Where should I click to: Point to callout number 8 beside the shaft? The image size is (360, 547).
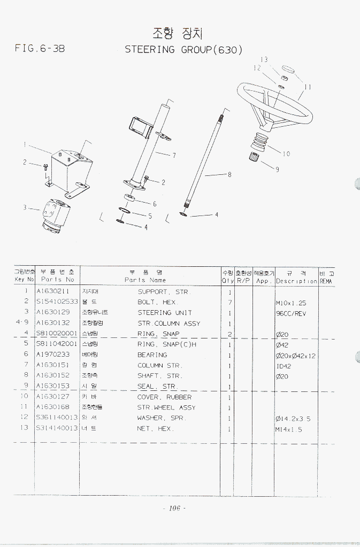coord(229,174)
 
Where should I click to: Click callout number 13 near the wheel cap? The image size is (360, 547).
coord(264,59)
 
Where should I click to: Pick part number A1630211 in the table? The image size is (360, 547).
coord(53,292)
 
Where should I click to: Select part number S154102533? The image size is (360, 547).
coord(57,302)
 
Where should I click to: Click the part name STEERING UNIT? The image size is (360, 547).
coord(165,313)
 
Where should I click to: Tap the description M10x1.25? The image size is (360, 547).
coord(291,303)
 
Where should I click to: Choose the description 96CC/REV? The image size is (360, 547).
coord(291,313)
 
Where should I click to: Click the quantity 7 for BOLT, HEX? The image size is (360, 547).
coord(229,303)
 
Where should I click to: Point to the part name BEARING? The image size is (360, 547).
coord(152,355)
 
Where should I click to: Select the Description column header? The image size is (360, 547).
coord(296,280)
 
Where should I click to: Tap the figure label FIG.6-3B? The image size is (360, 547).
coord(40,49)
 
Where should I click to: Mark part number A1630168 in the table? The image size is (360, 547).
coord(53,407)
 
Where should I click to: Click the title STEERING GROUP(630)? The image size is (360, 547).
coord(184,50)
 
